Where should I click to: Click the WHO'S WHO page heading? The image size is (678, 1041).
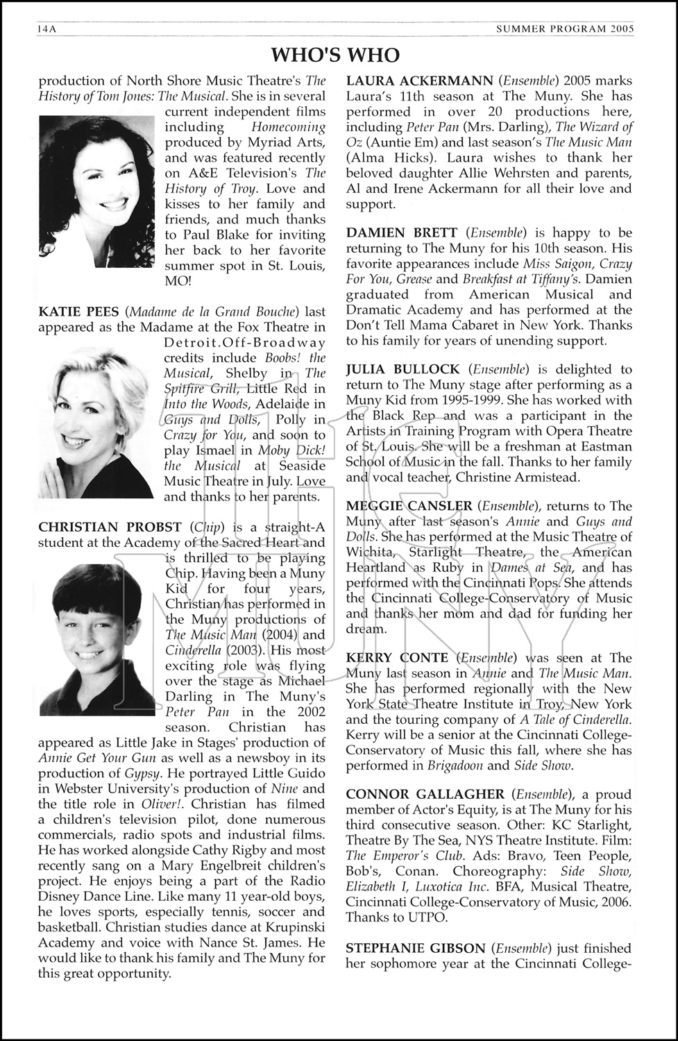click(335, 55)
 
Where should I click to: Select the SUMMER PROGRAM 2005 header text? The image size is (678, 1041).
click(566, 29)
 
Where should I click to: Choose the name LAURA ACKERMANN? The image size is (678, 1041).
click(420, 81)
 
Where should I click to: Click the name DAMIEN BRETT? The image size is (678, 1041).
click(402, 232)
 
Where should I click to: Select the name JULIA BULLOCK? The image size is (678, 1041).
click(402, 369)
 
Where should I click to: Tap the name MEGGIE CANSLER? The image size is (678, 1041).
click(409, 506)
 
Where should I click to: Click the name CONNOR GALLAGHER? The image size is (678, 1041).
click(425, 794)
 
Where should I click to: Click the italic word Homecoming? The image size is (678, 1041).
click(288, 127)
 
